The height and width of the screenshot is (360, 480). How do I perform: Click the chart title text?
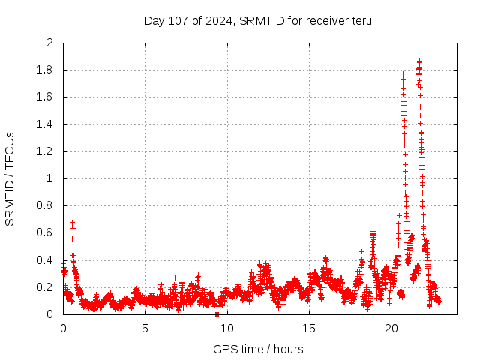[258, 20]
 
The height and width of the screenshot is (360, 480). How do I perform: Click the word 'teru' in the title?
[361, 20]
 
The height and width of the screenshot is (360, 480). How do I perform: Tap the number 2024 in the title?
[216, 20]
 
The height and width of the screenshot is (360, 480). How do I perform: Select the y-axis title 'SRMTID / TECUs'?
[10, 178]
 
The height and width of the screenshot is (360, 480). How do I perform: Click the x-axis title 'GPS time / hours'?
[258, 349]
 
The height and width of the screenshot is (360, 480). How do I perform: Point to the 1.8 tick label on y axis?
[46, 70]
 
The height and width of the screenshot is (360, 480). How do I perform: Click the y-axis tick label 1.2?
[46, 151]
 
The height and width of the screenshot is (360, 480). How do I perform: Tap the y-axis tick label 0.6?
[46, 232]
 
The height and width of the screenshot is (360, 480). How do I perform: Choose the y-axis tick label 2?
[50, 43]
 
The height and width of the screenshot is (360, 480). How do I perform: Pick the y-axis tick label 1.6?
[46, 97]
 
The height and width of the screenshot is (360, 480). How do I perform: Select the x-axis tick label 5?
[145, 328]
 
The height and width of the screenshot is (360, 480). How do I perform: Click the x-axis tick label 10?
[227, 328]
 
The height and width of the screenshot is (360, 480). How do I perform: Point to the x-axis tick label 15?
[309, 328]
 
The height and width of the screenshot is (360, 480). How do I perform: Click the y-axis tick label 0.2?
[46, 287]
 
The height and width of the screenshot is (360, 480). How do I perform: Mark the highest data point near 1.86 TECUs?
[419, 61]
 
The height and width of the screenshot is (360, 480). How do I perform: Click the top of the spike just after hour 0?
[73, 220]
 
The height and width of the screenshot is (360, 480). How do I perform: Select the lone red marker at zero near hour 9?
[217, 314]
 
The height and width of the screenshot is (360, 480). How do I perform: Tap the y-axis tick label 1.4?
[46, 124]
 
